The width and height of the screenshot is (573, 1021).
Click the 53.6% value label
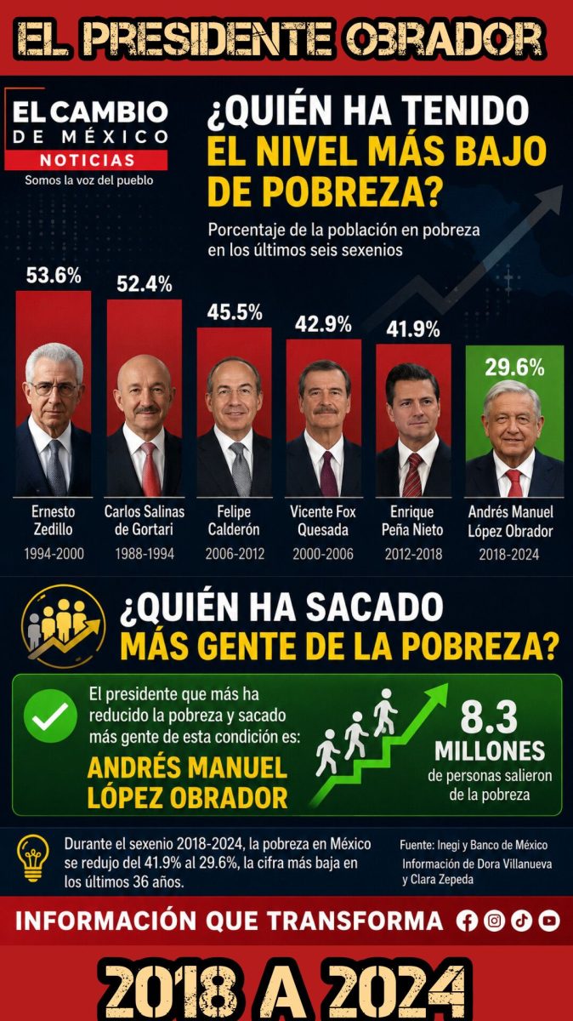tap(54, 276)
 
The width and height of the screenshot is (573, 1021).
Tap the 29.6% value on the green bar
tap(514, 368)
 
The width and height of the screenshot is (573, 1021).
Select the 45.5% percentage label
tap(235, 313)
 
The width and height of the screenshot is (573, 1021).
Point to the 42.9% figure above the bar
tap(323, 324)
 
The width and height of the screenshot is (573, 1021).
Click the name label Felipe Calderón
tap(234, 520)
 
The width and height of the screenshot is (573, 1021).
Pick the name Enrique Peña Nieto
tap(412, 521)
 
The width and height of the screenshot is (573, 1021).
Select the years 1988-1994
tap(145, 554)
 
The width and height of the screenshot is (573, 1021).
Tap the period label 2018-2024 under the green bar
tap(508, 554)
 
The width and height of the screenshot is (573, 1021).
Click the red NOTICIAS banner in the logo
tap(87, 161)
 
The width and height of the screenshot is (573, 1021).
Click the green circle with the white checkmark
tap(50, 716)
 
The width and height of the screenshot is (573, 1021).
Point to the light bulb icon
tap(32, 859)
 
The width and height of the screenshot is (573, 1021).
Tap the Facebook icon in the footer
tap(467, 921)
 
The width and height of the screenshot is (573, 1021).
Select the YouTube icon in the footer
tap(549, 921)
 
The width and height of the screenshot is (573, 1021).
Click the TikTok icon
tap(521, 921)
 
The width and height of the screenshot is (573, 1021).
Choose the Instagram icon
tap(494, 921)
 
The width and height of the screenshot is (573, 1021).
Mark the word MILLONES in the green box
tap(490, 750)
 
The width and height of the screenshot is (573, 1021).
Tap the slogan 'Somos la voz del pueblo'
tap(89, 180)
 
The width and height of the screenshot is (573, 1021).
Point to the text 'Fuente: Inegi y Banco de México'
tap(474, 846)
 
